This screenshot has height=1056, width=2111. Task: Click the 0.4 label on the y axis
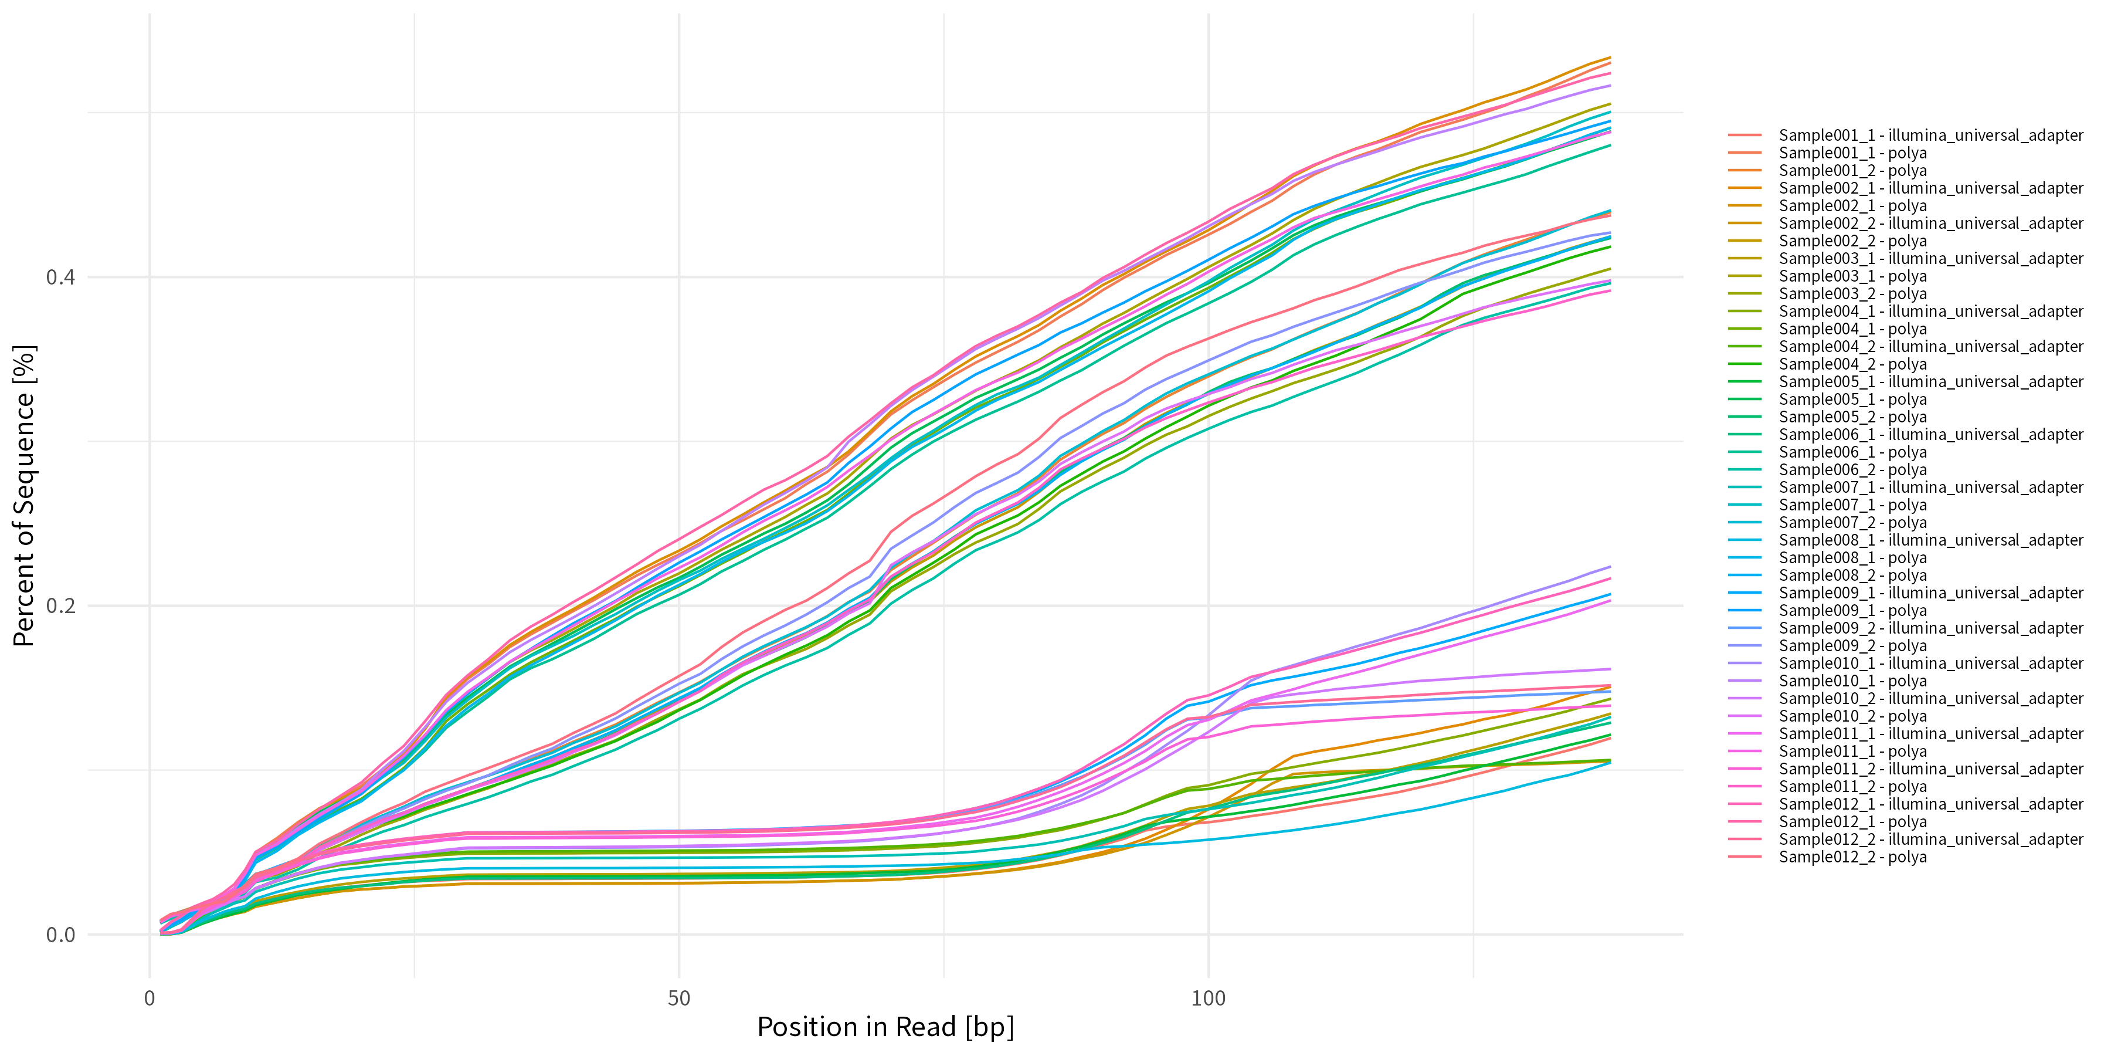tap(60, 277)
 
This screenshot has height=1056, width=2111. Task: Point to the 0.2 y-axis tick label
tap(60, 606)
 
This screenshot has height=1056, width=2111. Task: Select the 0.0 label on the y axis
tap(60, 935)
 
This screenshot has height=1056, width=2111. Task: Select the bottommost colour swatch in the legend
tap(1744, 857)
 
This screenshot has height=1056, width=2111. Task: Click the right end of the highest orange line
tap(1610, 57)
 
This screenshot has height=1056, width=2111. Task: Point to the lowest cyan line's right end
tap(1610, 763)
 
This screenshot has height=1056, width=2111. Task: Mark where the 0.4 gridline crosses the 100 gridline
tap(1208, 277)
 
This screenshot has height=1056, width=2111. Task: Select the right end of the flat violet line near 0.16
tap(1610, 669)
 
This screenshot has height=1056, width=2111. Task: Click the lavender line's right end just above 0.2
tap(1610, 567)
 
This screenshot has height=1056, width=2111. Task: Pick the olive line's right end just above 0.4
tap(1610, 269)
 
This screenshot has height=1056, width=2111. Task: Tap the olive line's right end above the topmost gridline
tap(1610, 104)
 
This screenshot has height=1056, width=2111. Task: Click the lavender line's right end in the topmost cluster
tap(1610, 85)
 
